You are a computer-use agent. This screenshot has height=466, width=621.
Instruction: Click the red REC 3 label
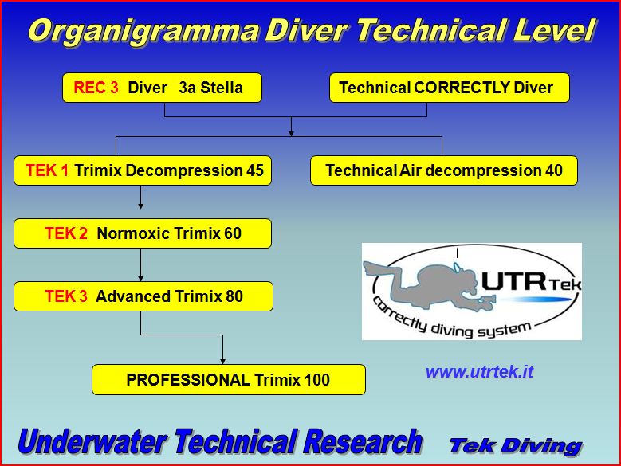click(96, 88)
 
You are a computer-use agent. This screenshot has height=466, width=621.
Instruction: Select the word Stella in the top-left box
click(222, 88)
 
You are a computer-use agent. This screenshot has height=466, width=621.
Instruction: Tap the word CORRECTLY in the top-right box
click(462, 88)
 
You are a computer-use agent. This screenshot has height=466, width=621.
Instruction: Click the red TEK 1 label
click(47, 170)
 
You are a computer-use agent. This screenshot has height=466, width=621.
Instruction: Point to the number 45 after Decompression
click(255, 170)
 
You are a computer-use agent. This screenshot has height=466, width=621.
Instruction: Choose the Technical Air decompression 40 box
click(444, 170)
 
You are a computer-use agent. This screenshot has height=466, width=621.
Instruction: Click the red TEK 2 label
click(66, 233)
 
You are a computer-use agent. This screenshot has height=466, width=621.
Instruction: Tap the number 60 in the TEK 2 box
click(233, 233)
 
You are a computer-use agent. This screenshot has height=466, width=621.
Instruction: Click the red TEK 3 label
click(66, 296)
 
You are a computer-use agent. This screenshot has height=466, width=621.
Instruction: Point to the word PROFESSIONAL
click(187, 380)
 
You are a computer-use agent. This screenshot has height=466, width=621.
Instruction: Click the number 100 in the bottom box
click(316, 380)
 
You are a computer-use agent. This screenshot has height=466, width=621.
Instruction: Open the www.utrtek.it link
click(480, 371)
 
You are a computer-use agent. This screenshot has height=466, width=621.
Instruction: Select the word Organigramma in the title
click(144, 32)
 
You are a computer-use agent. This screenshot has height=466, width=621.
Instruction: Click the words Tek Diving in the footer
click(516, 446)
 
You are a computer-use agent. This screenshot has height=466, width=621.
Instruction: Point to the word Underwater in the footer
click(92, 441)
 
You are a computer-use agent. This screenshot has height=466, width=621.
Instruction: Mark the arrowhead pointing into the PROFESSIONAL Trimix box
click(222, 362)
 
